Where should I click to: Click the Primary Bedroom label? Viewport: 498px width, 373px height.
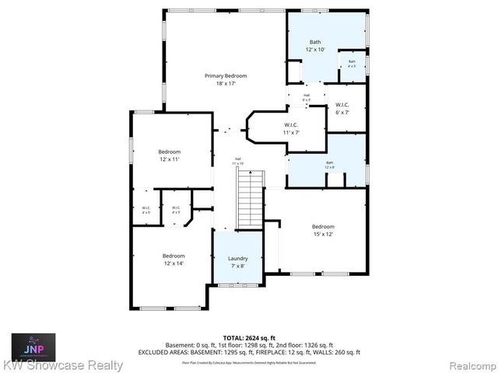(226, 75)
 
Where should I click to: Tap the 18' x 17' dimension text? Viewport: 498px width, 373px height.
(226, 84)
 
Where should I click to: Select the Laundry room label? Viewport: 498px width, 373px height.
(238, 258)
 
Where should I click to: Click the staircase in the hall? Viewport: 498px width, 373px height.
(250, 200)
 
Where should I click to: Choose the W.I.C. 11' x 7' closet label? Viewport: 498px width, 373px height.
(291, 128)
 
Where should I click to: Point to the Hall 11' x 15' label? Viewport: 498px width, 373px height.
(237, 162)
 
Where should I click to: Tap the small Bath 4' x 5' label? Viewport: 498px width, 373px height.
(352, 64)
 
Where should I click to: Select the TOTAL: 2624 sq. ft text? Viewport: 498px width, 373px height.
(249, 337)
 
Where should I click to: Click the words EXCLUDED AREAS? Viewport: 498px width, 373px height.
(167, 352)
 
